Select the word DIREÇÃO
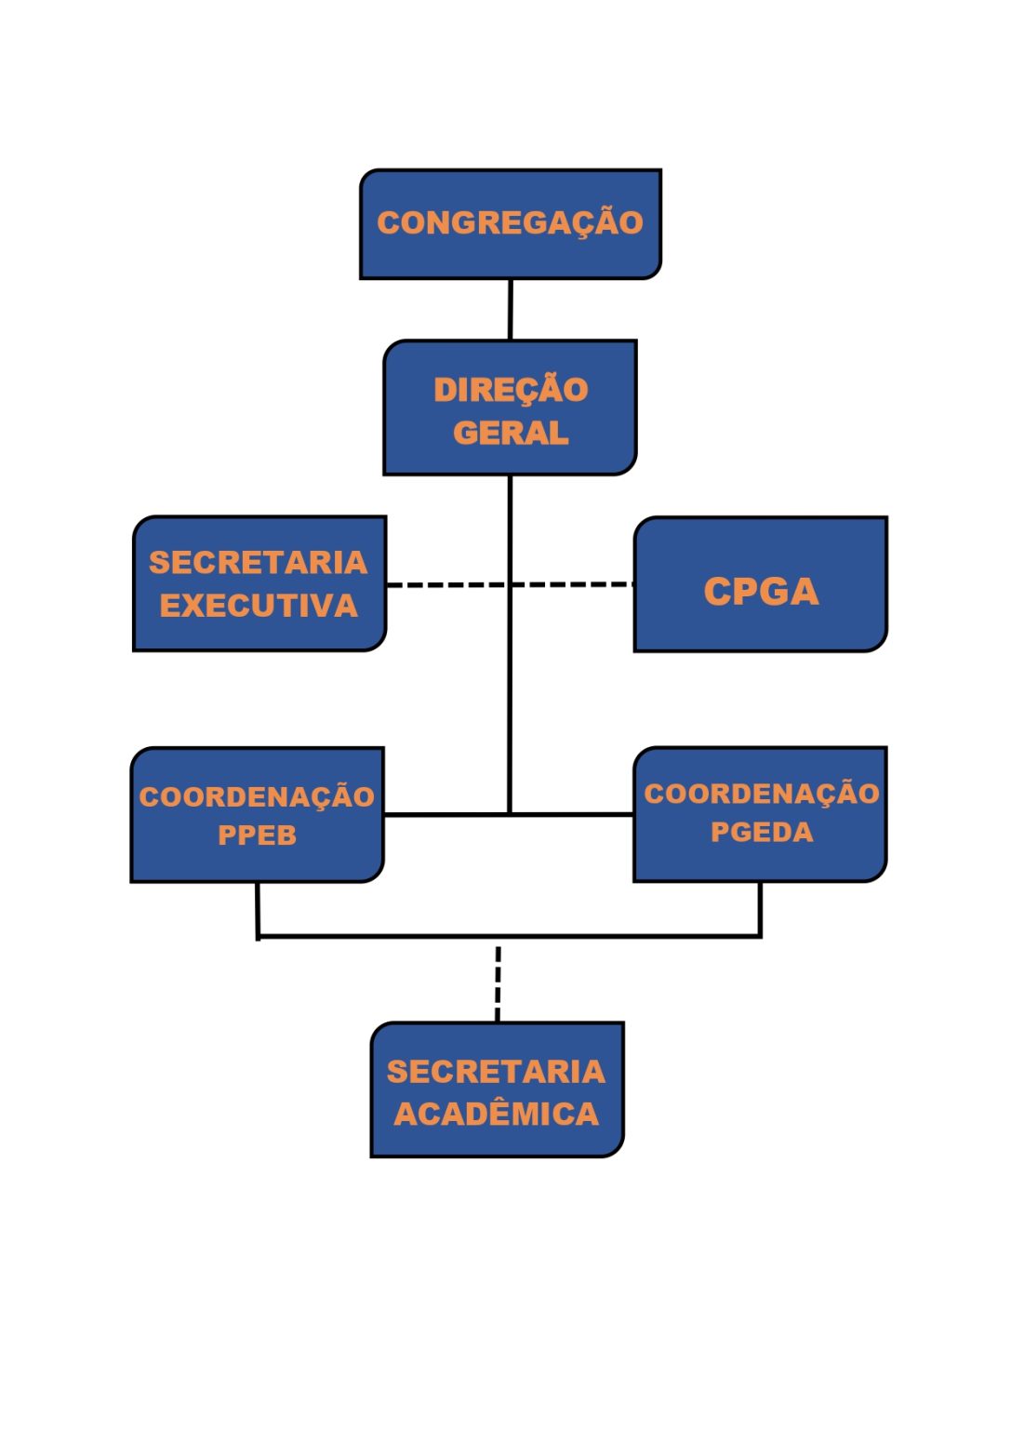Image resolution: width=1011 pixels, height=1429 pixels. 511,389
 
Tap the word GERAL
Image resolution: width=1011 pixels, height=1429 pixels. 511,433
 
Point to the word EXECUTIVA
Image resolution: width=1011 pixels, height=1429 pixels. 259,606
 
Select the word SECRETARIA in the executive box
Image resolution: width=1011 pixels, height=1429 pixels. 259,562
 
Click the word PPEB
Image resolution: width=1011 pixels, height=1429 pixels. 257,835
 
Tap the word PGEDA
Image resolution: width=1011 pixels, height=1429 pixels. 762,832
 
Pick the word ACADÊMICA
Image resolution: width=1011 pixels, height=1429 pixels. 497,1114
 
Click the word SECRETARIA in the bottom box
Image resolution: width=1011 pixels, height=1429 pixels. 497,1071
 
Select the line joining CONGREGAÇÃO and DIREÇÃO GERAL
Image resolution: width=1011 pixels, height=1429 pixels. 510,309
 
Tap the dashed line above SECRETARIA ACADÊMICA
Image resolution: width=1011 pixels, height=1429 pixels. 498,982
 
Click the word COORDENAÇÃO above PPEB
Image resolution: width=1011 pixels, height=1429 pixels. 257,796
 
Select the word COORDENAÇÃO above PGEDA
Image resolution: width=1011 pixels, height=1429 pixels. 762,793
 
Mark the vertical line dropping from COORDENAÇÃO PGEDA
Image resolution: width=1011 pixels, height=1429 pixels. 760,909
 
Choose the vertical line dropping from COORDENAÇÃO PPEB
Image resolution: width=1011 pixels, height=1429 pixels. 258,909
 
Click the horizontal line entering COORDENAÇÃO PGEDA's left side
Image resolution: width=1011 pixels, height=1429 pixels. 573,814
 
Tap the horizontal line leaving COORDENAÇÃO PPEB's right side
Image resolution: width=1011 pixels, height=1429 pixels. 446,814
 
